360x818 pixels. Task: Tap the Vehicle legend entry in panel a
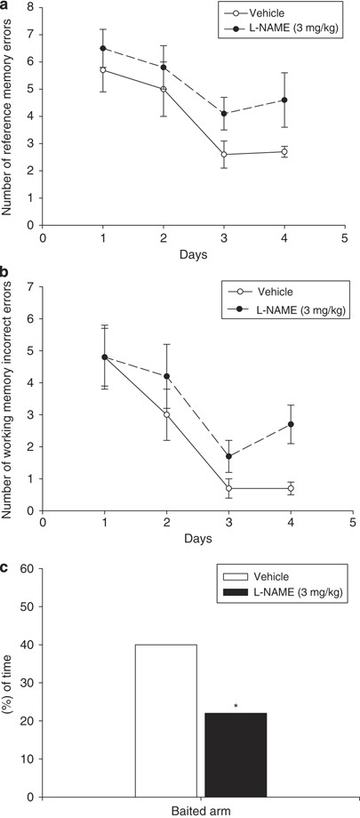pos(269,13)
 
